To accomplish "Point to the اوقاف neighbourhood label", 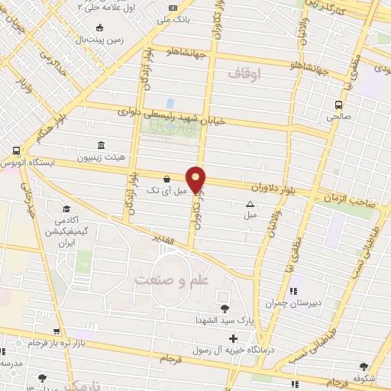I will (244, 73).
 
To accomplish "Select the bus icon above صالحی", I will (338, 105).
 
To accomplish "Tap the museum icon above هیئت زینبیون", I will (101, 145).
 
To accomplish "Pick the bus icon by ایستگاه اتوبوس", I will (17, 151).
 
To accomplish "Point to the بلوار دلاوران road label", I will (273, 185).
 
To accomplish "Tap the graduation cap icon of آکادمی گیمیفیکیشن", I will (66, 208).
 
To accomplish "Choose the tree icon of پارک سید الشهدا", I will (225, 309).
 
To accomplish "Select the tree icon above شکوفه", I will (364, 367).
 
